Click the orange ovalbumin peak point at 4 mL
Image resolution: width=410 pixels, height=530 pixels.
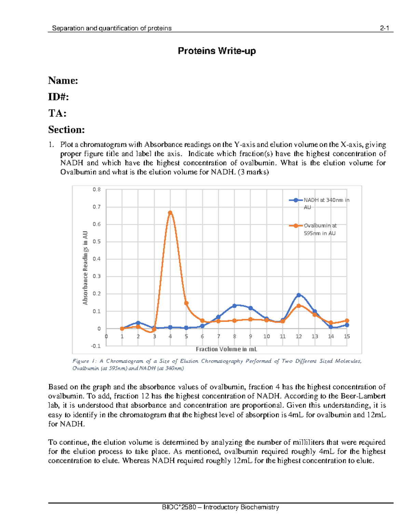170,213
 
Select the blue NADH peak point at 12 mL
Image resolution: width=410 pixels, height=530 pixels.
299,295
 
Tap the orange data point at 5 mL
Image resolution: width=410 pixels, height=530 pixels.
186,303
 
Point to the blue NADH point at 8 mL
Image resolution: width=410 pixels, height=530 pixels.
234,306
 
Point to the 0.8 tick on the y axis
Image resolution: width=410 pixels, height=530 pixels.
97,189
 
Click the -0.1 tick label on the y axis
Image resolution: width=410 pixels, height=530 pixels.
96,346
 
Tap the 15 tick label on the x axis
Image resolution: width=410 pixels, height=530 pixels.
347,336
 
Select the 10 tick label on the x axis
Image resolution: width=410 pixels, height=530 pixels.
266,336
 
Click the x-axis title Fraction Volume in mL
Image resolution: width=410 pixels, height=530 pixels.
226,349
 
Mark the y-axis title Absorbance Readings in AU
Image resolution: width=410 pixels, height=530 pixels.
85,268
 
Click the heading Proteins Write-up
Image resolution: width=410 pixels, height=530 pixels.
217,51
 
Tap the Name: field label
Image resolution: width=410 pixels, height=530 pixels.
63,81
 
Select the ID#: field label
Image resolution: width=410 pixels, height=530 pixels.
58,97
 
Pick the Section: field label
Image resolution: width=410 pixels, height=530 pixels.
66,130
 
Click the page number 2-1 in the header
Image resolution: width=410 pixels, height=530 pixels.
384,28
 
